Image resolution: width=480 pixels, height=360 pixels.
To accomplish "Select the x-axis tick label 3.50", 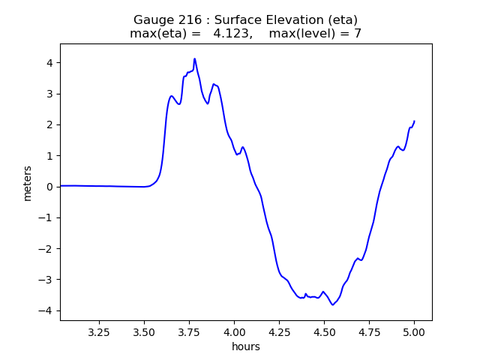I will pyautogui.click(x=145, y=331).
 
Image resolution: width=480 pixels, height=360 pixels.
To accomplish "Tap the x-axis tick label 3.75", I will pyautogui.click(x=190, y=331).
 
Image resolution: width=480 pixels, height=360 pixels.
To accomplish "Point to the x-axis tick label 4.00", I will pyautogui.click(x=235, y=331).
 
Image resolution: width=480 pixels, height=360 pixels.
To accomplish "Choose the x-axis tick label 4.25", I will pyautogui.click(x=279, y=331).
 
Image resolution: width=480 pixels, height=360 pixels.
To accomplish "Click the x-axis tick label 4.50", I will pyautogui.click(x=324, y=331).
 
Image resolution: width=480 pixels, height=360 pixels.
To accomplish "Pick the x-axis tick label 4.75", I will pyautogui.click(x=369, y=331).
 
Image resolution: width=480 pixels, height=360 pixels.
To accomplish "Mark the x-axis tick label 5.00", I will pyautogui.click(x=414, y=331).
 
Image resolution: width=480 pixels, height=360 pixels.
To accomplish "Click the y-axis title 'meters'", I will pyautogui.click(x=28, y=183).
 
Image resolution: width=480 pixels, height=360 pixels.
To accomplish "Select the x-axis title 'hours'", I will pyautogui.click(x=246, y=346).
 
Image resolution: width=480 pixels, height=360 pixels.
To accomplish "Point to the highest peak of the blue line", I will pyautogui.click(x=195, y=58).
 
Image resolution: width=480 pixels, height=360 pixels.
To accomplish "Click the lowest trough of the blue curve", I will pyautogui.click(x=332, y=304).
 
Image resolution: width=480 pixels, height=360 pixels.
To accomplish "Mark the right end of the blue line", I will pyautogui.click(x=414, y=121).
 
